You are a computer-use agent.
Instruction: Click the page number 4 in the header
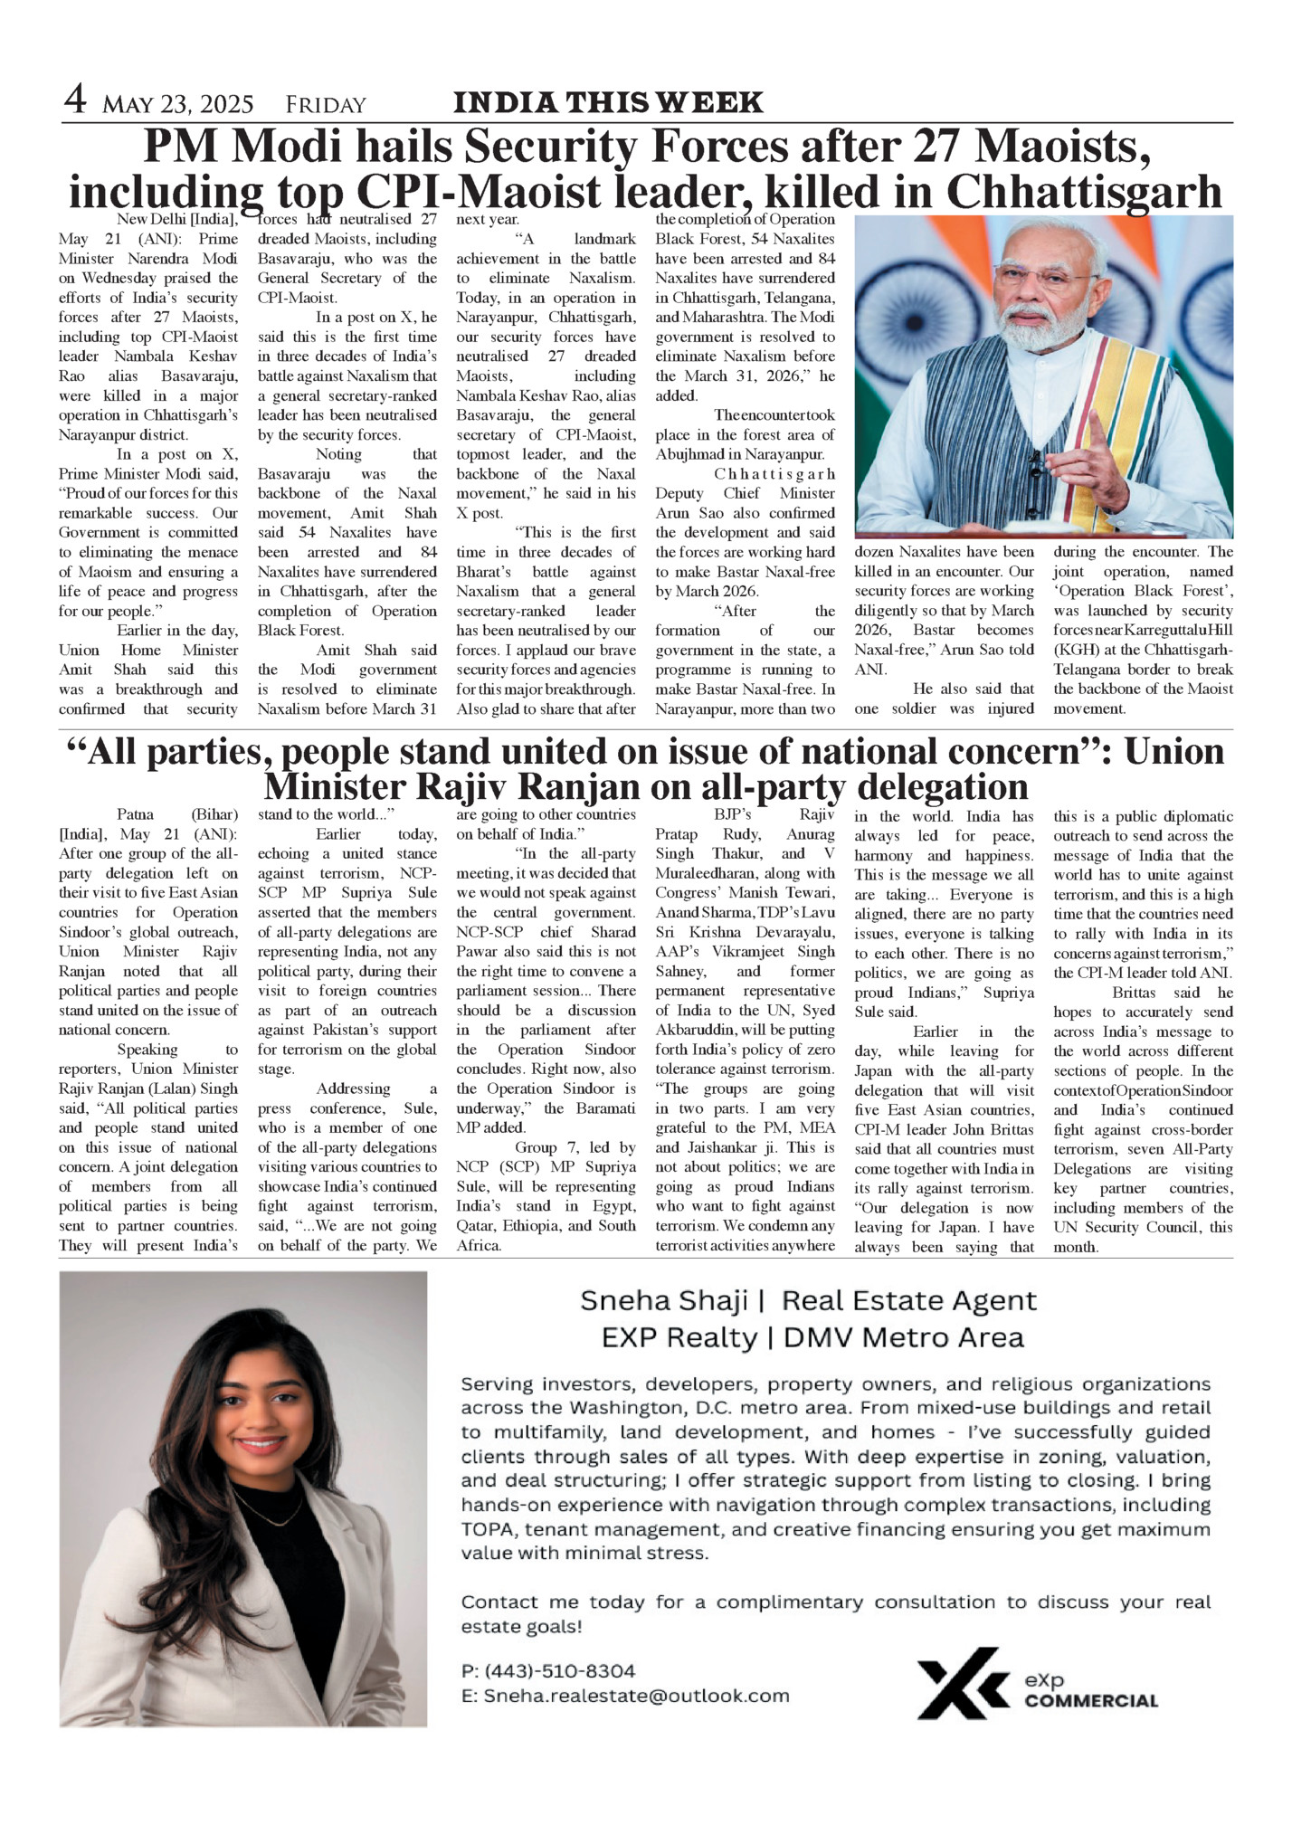(x=75, y=100)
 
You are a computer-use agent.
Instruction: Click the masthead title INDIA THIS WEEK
(x=607, y=102)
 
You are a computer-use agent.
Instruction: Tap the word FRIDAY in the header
(x=326, y=105)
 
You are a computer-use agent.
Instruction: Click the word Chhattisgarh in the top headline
(x=1085, y=192)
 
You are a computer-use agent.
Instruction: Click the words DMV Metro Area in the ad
(x=902, y=1337)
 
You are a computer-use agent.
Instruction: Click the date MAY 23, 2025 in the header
(x=178, y=105)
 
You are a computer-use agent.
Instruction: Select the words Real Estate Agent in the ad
(x=908, y=1301)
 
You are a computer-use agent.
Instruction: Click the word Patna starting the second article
(x=136, y=814)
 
